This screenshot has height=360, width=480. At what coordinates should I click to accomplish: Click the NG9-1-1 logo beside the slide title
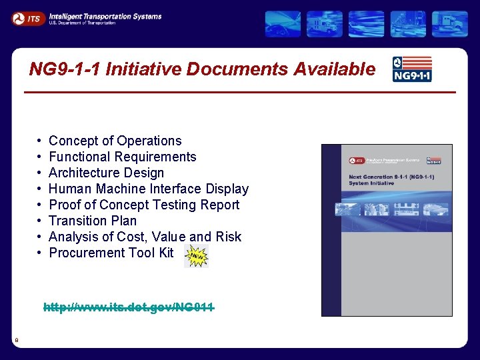pos(411,69)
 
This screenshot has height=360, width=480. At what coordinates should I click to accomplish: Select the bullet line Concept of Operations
pos(115,141)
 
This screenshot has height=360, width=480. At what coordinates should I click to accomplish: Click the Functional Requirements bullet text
pos(123,157)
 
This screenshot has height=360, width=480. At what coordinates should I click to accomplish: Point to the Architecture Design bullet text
pos(106,173)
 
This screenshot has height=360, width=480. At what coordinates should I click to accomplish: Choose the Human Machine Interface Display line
pos(149,189)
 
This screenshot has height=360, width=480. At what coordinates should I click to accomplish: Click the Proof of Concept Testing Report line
pos(144,205)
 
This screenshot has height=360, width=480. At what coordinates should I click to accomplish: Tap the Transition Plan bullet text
pos(93,221)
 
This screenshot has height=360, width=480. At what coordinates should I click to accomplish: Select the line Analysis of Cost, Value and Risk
pos(145,237)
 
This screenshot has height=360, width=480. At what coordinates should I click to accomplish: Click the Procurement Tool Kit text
pos(111,253)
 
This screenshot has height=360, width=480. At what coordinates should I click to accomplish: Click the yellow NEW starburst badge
pos(196,255)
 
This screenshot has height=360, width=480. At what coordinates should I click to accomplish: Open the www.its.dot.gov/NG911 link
pos(129,307)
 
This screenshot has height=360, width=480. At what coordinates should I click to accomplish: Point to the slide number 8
pos(16,341)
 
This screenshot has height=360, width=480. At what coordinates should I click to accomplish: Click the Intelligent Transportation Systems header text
pos(105,15)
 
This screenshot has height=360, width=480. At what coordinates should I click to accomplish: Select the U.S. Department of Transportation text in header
pos(82,23)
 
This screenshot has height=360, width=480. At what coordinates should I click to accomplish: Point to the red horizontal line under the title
pos(240,91)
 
